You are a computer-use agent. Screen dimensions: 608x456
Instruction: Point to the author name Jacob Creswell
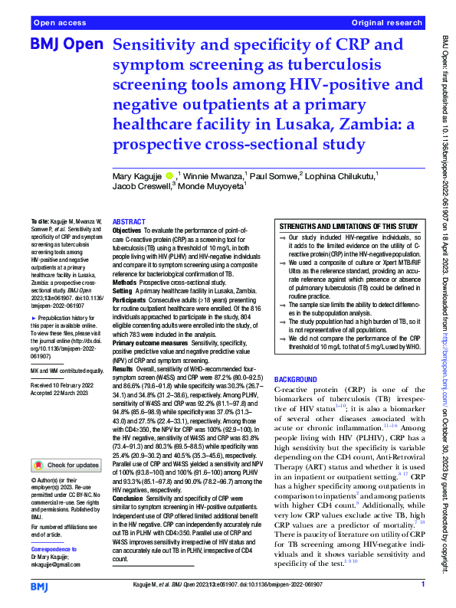137,186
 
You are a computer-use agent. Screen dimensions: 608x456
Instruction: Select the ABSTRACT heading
129,220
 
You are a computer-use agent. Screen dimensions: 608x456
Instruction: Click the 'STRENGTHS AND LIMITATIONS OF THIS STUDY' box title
348,227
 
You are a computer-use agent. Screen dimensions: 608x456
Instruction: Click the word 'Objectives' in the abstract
127,229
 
